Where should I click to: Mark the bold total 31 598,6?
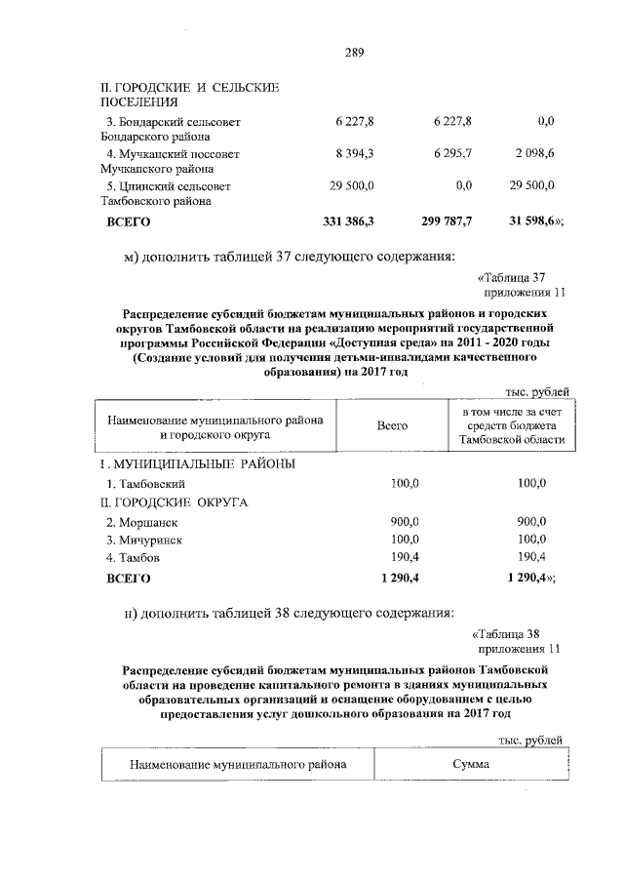pos(532,221)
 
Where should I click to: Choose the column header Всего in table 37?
pos(392,426)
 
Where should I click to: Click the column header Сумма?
pos(470,764)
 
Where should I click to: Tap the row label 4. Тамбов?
pos(134,557)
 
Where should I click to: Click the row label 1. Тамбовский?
pos(145,483)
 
